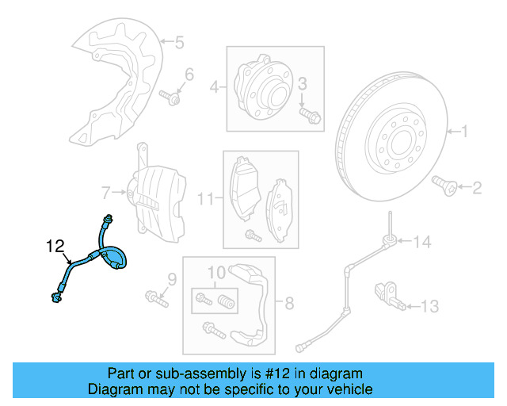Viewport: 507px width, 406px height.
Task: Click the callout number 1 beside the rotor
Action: pyautogui.click(x=465, y=132)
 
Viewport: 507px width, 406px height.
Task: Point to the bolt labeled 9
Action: pyautogui.click(x=156, y=300)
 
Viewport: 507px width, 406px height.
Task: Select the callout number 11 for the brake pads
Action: pyautogui.click(x=205, y=198)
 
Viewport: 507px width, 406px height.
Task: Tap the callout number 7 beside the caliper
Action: pyautogui.click(x=105, y=192)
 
